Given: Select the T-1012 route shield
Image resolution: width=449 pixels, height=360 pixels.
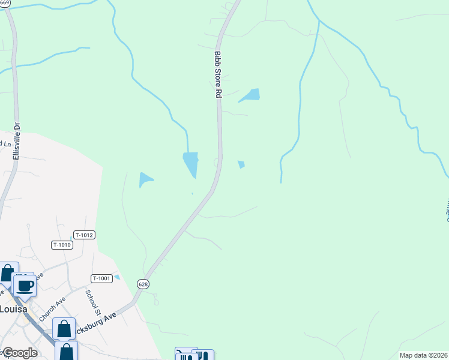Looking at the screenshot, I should [85, 235].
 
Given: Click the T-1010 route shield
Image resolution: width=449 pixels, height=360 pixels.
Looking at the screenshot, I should [62, 245].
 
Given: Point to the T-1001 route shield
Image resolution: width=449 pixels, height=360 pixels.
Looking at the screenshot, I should [101, 278].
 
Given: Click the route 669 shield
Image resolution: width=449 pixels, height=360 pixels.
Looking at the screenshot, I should [5, 3].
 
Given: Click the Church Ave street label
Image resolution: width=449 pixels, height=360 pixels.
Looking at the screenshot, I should [52, 308].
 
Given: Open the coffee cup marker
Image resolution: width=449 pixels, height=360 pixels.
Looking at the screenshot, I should [24, 285].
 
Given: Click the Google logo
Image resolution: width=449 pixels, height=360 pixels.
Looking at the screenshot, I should [19, 353].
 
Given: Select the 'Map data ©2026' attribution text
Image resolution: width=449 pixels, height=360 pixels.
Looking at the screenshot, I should [424, 355].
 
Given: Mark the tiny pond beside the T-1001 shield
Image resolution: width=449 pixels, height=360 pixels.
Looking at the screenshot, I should [117, 277].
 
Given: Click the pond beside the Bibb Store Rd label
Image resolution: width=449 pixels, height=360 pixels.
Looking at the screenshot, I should [250, 95].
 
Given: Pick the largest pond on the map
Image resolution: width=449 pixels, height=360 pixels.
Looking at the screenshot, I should [191, 163].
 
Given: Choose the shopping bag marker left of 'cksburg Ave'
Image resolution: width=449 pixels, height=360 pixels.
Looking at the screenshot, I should [64, 329].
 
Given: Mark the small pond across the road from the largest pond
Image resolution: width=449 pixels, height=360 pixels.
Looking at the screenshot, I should [241, 164].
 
